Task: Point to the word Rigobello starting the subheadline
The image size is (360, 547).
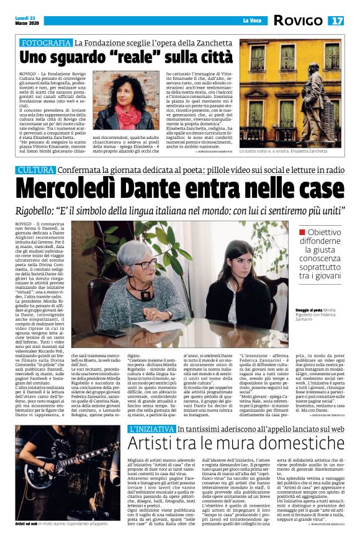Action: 44,210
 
